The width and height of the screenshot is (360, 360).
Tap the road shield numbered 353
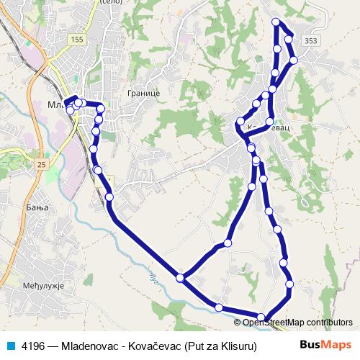[310, 41]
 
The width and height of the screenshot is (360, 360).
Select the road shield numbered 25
[42, 165]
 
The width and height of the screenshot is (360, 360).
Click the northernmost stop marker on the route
[276, 22]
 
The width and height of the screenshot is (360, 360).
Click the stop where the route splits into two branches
[180, 277]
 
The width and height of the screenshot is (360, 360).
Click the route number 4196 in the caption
[35, 346]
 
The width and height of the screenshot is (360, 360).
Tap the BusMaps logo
[325, 345]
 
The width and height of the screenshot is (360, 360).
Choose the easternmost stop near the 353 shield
[294, 60]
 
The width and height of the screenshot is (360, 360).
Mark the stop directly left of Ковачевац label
[240, 125]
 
